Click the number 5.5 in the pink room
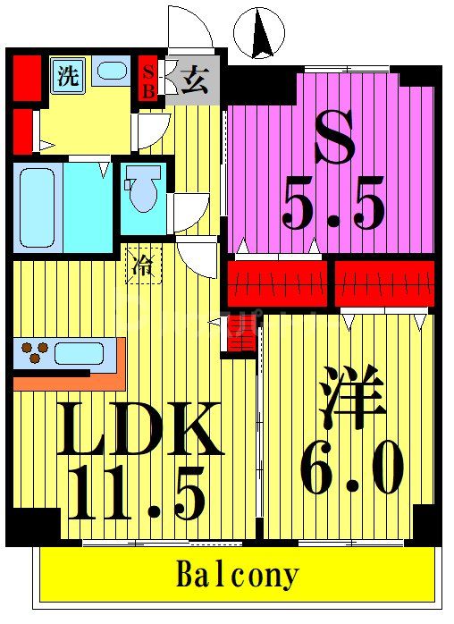pos(334,205)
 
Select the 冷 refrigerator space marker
pos(142,265)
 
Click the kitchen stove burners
pos(33,352)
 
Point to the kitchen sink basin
pos(79,352)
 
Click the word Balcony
pos(236,574)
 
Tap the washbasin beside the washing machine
pos(112,72)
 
